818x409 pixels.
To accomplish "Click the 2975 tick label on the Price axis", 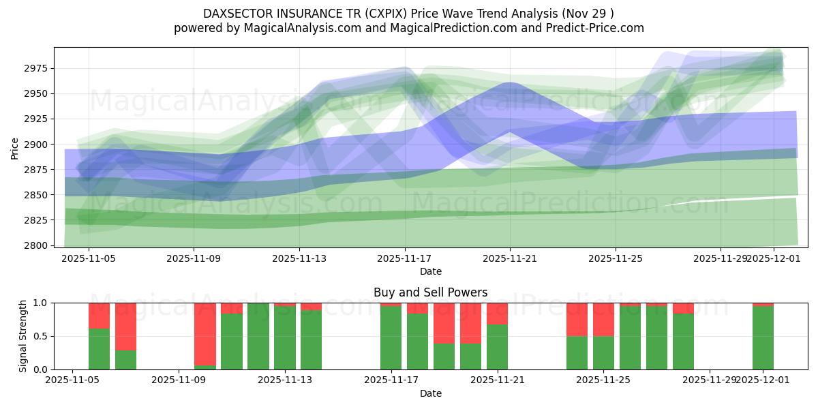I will click(x=35, y=69).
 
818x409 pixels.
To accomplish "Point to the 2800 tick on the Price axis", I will click(x=35, y=245).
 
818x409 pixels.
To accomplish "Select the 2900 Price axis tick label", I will click(x=35, y=145).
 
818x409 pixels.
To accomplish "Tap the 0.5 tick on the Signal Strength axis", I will click(x=41, y=336).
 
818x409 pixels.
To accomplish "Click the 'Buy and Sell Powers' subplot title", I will click(x=430, y=292).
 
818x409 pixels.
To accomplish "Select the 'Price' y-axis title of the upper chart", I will click(x=15, y=147).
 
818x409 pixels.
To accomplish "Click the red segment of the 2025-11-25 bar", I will click(x=604, y=319).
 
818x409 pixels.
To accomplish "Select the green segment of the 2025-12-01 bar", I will click(x=763, y=337).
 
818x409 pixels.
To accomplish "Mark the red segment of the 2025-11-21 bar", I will click(x=498, y=314).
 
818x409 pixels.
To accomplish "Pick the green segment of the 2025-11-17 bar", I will click(x=391, y=337).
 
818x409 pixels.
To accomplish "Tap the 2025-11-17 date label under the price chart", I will click(x=405, y=258).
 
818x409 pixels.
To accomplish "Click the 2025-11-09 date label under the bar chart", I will click(x=179, y=380).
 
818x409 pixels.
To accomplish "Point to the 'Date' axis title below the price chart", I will click(x=430, y=271).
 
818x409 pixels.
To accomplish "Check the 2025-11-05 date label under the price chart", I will click(x=89, y=258).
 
